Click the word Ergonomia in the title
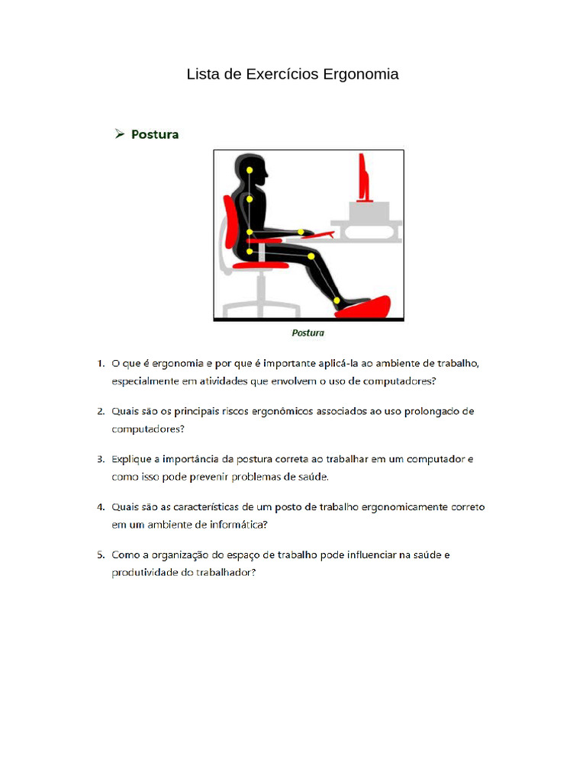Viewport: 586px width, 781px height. pos(361,75)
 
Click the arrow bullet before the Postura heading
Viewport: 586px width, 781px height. pos(120,134)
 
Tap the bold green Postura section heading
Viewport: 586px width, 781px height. pos(155,134)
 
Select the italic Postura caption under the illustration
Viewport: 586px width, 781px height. pos(308,333)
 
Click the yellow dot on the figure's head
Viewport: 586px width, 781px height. pos(250,169)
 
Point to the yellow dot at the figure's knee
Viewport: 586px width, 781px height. pos(311,258)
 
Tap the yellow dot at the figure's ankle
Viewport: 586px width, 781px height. pos(337,301)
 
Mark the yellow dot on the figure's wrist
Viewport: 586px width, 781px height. pos(301,232)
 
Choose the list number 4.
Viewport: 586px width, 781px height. pos(100,507)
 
